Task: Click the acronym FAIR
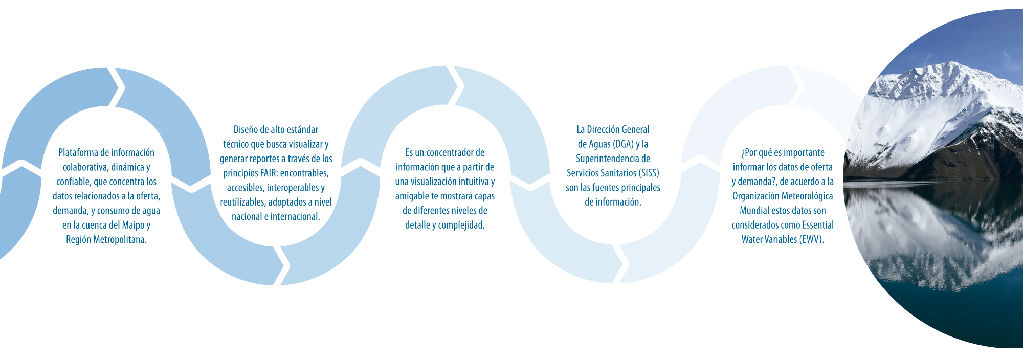tap(269, 173)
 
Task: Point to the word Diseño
tap(246, 130)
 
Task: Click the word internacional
tap(295, 217)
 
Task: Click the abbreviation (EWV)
tap(811, 239)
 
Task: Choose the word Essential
tap(818, 225)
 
